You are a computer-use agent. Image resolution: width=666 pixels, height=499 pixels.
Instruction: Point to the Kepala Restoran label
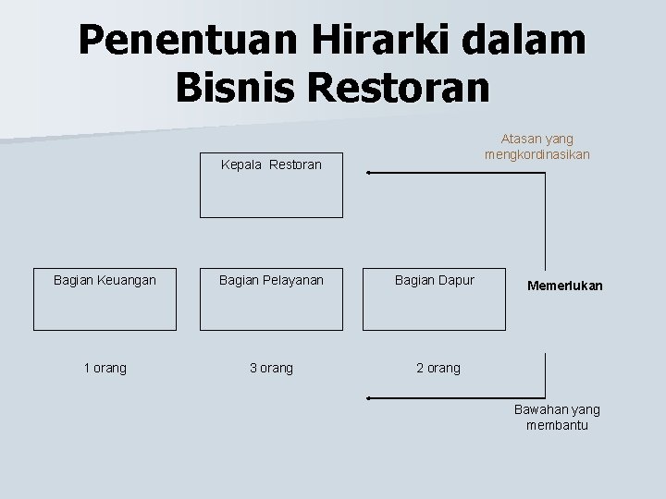point(272,165)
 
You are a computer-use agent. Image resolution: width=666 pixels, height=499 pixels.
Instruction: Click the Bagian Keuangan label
point(105,279)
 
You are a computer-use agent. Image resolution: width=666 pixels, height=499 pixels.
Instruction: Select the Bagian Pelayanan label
point(271,279)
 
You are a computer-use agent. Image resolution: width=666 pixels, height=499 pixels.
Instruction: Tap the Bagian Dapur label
point(434,279)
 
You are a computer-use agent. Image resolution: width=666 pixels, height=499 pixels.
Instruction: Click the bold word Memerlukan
point(565,286)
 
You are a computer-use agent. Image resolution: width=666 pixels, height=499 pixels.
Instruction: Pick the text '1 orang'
point(105,368)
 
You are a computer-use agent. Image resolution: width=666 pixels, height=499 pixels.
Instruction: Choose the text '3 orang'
point(271,368)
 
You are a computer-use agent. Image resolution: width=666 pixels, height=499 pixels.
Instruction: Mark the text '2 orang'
point(438,368)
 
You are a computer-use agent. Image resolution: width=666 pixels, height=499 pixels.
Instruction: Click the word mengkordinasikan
point(537,154)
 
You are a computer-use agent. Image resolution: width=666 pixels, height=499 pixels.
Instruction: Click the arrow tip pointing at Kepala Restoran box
point(369,173)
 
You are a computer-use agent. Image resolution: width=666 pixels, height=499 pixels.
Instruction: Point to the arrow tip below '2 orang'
point(369,397)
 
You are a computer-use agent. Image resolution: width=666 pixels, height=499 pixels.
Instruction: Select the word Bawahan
point(538,409)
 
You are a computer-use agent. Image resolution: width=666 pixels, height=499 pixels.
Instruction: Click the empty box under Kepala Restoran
point(272,195)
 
